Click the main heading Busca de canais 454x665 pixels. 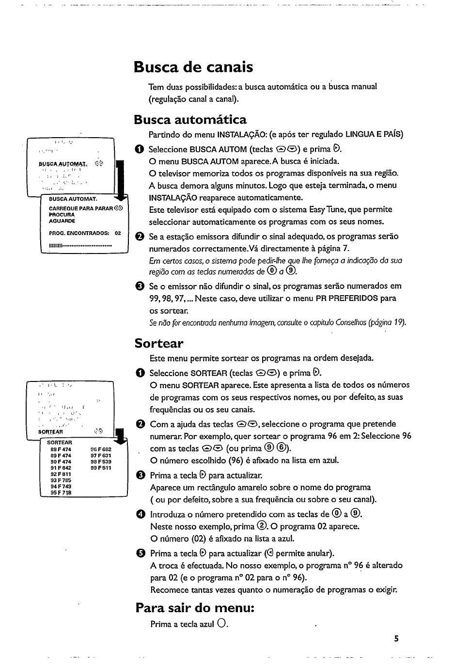pyautogui.click(x=193, y=66)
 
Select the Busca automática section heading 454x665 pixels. pyautogui.click(x=190, y=119)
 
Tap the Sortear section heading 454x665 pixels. pyautogui.click(x=159, y=344)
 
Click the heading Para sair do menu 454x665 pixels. pyautogui.click(x=195, y=607)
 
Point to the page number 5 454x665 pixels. pyautogui.click(x=396, y=639)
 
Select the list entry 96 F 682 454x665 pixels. pyautogui.click(x=101, y=449)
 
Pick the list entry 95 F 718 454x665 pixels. pyautogui.click(x=61, y=492)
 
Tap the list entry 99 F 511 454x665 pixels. pyautogui.click(x=101, y=468)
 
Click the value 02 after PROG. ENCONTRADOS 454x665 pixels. pyautogui.click(x=118, y=233)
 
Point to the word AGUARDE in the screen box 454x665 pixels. pyautogui.click(x=62, y=221)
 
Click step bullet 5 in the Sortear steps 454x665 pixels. pyautogui.click(x=140, y=554)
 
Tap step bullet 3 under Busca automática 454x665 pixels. pyautogui.click(x=140, y=286)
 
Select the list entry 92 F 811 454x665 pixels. pyautogui.click(x=61, y=475)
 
